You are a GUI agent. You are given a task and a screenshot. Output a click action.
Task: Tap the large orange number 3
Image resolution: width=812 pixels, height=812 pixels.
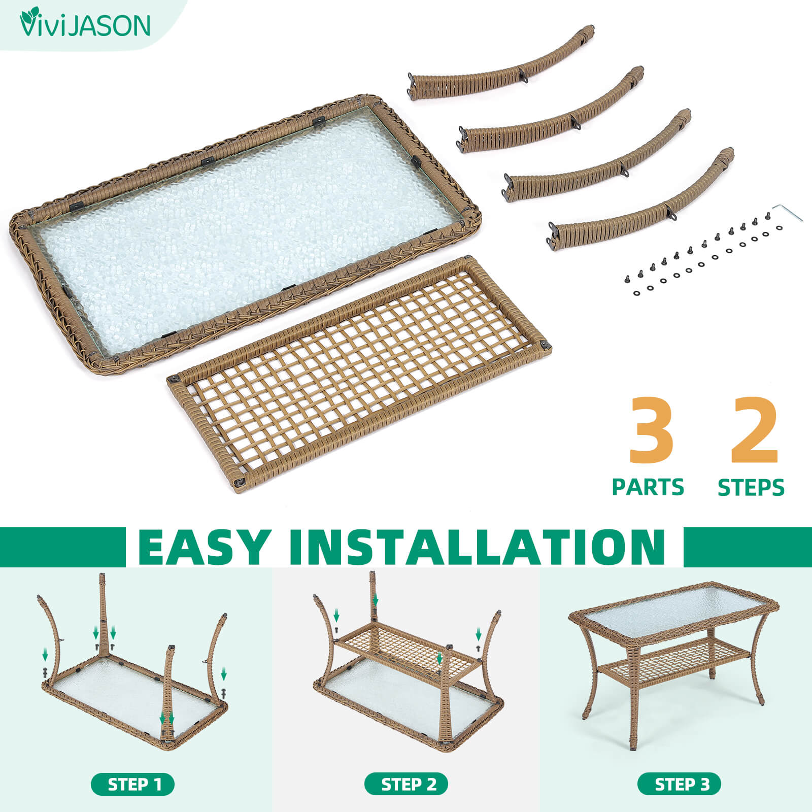(651, 430)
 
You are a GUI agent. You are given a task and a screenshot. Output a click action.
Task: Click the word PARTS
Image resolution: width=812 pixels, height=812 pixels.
(648, 487)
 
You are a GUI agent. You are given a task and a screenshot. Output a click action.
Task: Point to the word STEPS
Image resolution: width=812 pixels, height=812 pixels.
(751, 487)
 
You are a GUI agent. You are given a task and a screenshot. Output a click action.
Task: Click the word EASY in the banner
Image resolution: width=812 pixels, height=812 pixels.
(202, 547)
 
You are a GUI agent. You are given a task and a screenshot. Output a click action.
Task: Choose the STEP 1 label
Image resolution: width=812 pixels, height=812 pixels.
(133, 785)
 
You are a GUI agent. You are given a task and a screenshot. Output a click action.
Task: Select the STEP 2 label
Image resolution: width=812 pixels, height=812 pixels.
(407, 785)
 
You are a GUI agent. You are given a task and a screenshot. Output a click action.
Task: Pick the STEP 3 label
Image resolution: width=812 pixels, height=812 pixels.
(680, 785)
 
